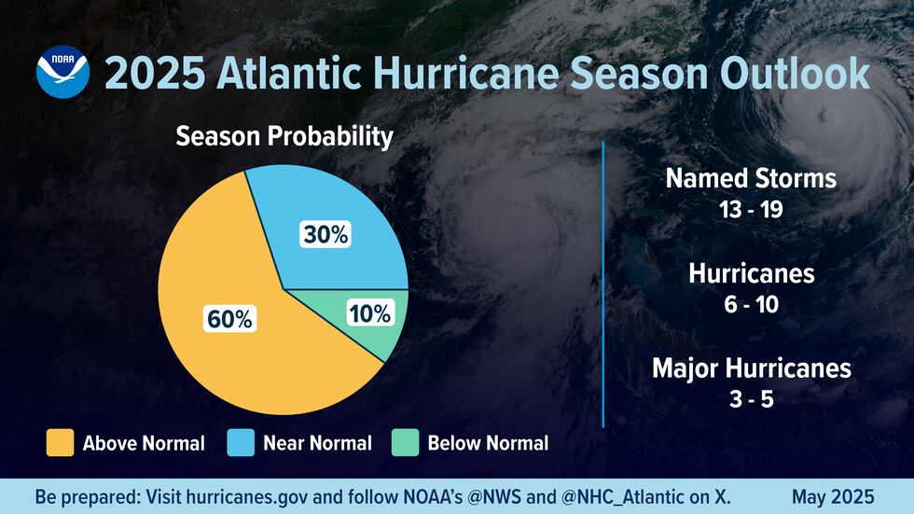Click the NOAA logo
coord(62,74)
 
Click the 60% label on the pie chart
coord(229,318)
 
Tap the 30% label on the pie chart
coord(325,235)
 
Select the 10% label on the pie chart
coord(369,313)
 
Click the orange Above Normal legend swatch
coord(60,442)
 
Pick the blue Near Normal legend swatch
coord(242,442)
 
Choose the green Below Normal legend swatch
coord(404,442)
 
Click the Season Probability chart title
coord(284,137)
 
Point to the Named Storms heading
coord(750,178)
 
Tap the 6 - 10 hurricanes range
coord(751,305)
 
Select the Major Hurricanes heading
coord(751,368)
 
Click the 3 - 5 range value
coord(751,400)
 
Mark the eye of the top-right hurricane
coord(825,118)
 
